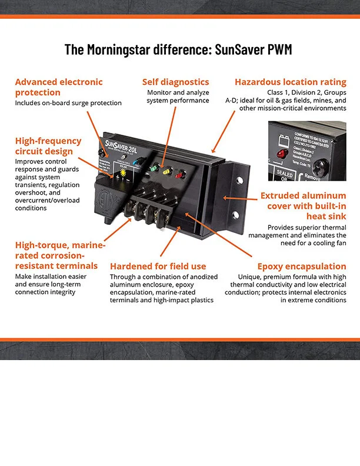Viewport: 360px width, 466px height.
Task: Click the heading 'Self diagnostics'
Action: pos(175,82)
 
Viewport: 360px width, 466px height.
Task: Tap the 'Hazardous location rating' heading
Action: pos(290,82)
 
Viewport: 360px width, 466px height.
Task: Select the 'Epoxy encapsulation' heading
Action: pos(302,266)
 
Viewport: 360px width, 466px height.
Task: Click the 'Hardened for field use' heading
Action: pos(158,266)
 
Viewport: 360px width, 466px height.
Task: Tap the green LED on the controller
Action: pos(154,168)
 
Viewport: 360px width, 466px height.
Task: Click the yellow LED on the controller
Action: pos(166,172)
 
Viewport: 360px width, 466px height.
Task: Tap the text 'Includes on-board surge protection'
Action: pos(68,103)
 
